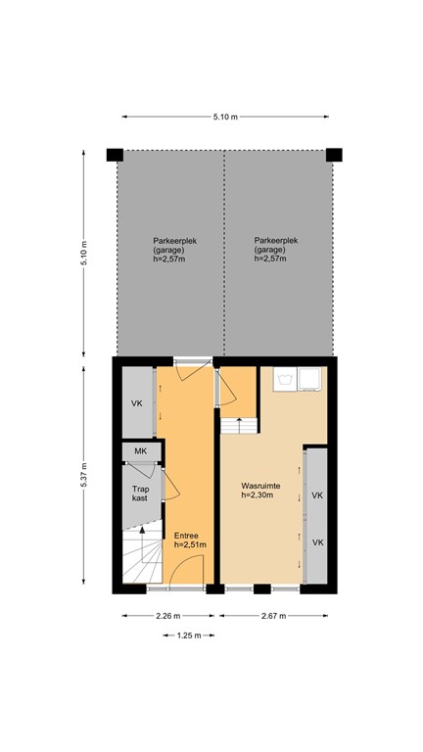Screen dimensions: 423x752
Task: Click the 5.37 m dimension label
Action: [x=83, y=475]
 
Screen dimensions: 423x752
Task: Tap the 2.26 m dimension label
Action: [x=167, y=616]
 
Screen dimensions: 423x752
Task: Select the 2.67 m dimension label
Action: [x=273, y=616]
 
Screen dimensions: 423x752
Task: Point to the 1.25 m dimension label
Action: [x=189, y=635]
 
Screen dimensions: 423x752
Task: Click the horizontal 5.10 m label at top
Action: [x=225, y=117]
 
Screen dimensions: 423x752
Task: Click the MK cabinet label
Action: [x=140, y=451]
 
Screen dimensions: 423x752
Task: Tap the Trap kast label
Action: [x=140, y=493]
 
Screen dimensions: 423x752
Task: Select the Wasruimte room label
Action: [x=260, y=491]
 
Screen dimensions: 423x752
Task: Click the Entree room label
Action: [x=190, y=540]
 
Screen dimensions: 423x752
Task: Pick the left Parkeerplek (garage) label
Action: [x=175, y=250]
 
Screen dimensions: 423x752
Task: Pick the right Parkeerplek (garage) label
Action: [x=276, y=250]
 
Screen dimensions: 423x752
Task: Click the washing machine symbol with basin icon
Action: [x=285, y=379]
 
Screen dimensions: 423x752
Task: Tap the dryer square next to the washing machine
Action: [x=309, y=379]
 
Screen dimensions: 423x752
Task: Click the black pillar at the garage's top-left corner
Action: [x=115, y=155]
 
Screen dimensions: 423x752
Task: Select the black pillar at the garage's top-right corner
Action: [x=334, y=155]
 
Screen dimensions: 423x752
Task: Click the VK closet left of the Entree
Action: [x=138, y=401]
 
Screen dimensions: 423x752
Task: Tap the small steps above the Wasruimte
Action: [x=239, y=425]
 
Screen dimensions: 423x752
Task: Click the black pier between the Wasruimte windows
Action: [x=261, y=588]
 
